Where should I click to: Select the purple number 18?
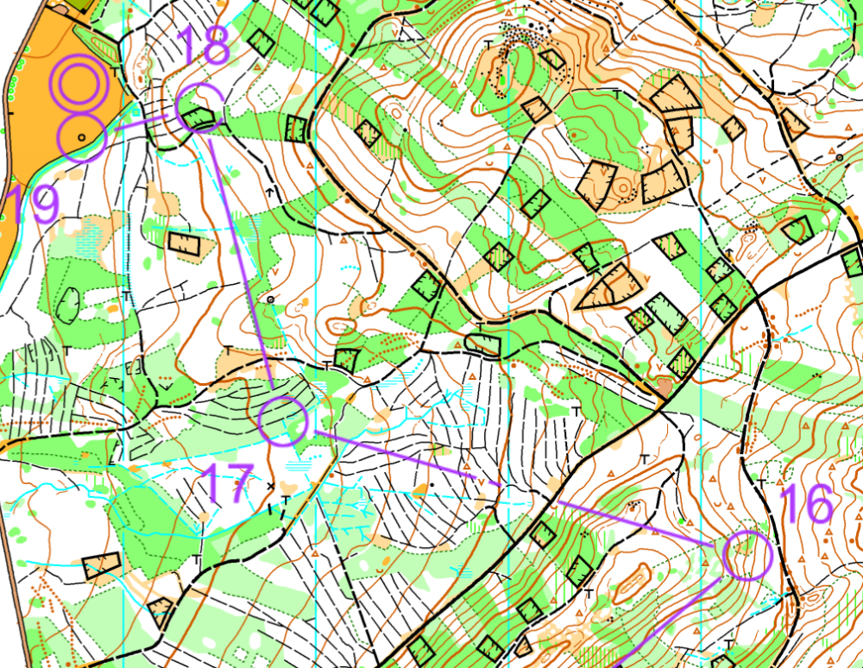(203, 47)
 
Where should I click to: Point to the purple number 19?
(31, 205)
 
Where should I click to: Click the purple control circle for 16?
(746, 556)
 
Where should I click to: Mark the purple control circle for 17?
(283, 420)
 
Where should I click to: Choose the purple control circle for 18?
(200, 108)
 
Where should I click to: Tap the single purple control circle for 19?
(83, 136)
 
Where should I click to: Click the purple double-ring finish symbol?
(79, 82)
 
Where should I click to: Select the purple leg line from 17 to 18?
(242, 259)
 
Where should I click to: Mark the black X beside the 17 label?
(272, 486)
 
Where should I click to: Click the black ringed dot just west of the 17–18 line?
(270, 299)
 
